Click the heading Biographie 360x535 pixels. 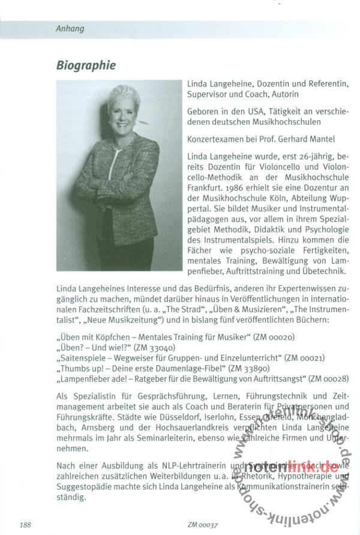86,65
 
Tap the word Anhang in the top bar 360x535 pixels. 70,28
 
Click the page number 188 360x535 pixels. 25,525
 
